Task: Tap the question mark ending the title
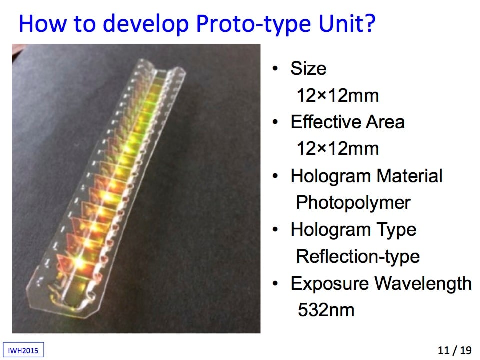(370, 23)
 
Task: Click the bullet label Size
(308, 68)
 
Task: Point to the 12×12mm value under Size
(338, 95)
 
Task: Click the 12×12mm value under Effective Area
(338, 149)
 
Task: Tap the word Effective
(325, 122)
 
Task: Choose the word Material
(409, 176)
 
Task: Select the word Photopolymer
(353, 203)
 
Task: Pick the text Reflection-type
(358, 257)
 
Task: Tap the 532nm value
(326, 310)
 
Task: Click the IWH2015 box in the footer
(23, 350)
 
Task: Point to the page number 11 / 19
(455, 350)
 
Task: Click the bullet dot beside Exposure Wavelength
(275, 284)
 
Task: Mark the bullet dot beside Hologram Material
(275, 176)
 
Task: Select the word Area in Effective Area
(385, 122)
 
